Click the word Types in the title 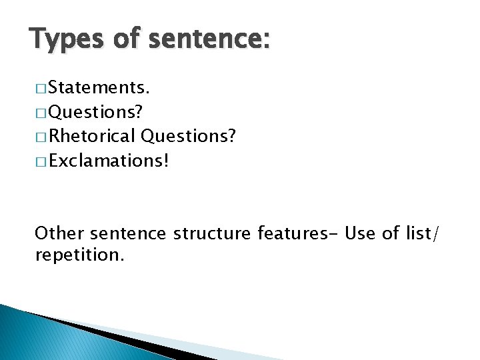point(65,39)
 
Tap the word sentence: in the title point(209,39)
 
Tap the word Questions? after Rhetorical point(188,137)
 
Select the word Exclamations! point(109,161)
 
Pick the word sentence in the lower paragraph point(127,233)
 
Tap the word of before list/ point(391,233)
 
